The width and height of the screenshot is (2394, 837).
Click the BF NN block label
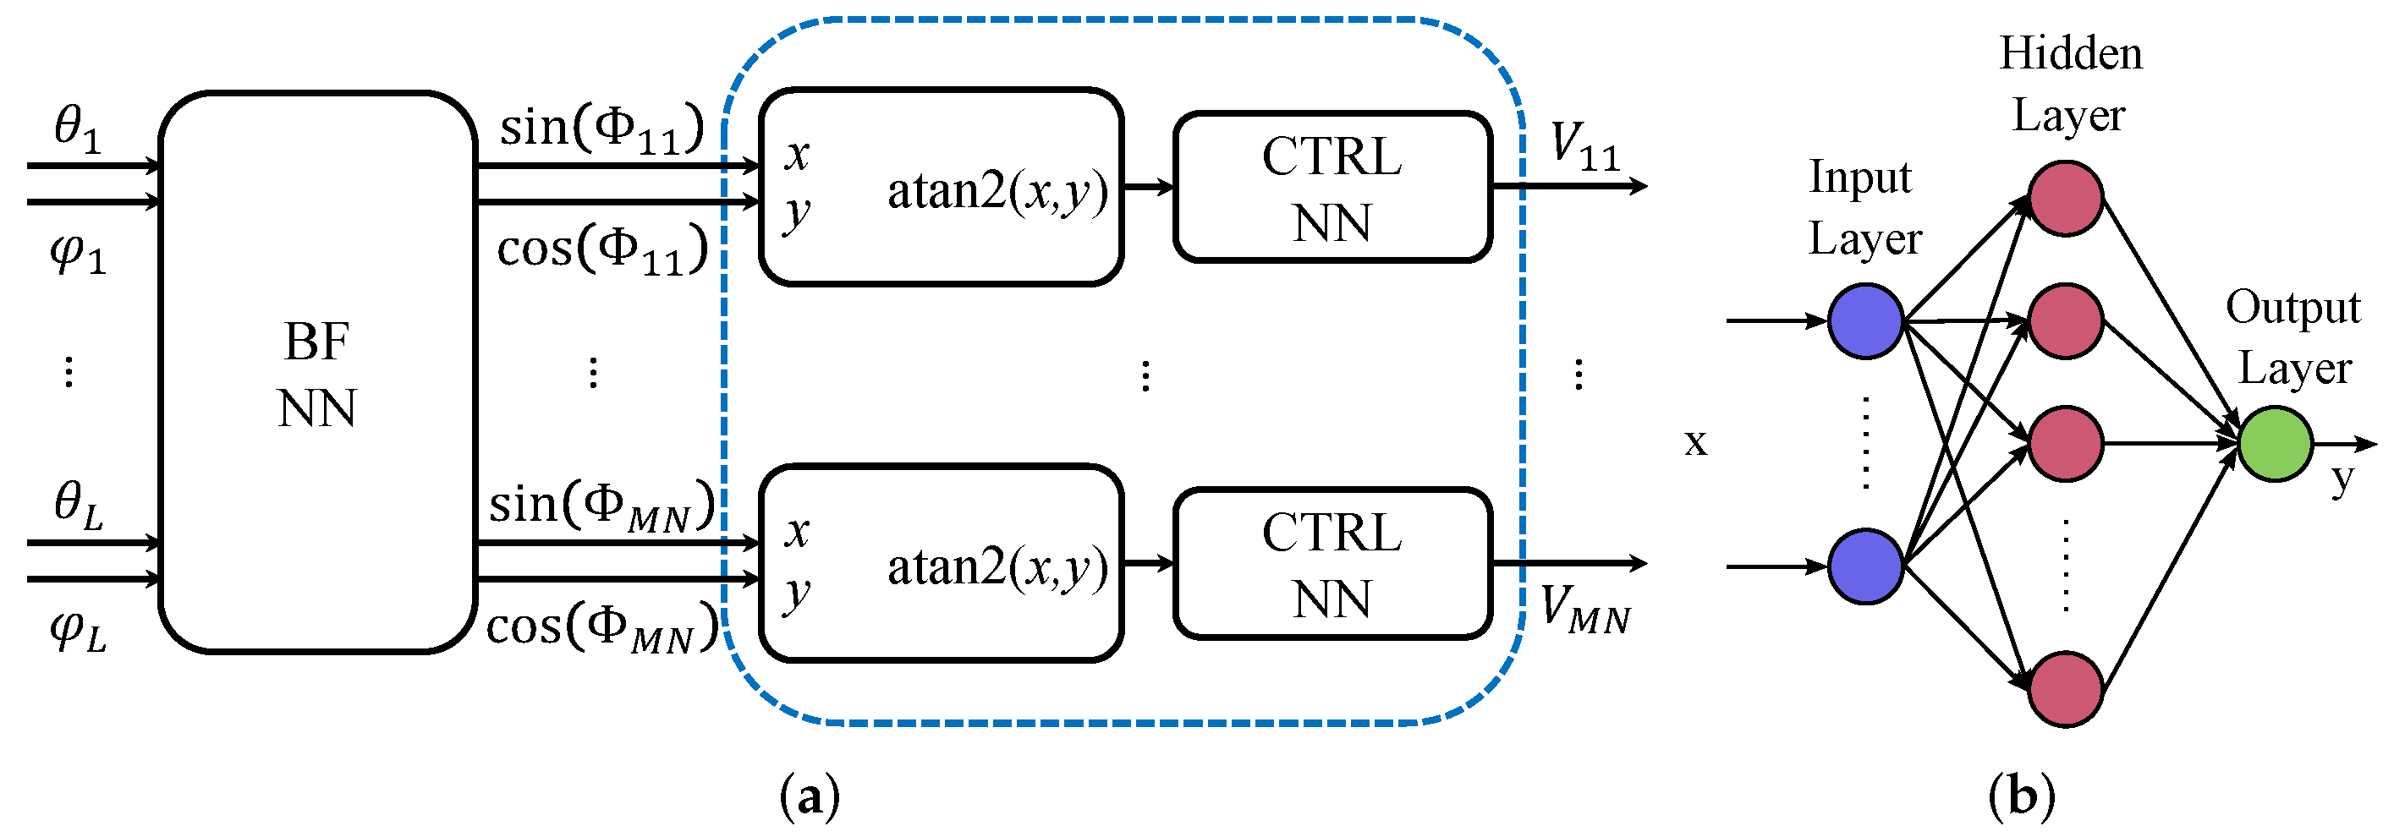[x=317, y=375]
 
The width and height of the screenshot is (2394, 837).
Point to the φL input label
[x=78, y=631]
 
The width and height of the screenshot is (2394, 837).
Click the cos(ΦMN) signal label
[x=602, y=626]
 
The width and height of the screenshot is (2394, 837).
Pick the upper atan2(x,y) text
[x=997, y=191]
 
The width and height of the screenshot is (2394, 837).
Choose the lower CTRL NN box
[x=1332, y=563]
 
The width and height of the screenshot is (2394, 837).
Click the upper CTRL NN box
[x=1332, y=187]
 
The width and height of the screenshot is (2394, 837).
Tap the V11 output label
[x=1584, y=148]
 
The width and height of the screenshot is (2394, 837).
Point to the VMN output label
[x=1585, y=610]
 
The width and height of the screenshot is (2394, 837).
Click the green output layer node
[x=2274, y=443]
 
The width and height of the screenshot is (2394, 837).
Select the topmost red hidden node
[x=2065, y=198]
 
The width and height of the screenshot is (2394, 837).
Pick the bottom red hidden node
[x=2065, y=688]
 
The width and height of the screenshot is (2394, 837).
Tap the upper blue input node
[x=1865, y=320]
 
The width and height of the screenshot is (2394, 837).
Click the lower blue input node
[x=1865, y=566]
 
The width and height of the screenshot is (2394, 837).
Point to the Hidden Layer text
[x=2071, y=84]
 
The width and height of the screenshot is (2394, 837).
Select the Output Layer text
[x=2292, y=336]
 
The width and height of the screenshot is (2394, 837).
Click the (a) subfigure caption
[x=810, y=796]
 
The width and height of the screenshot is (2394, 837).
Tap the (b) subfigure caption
[x=2021, y=796]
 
